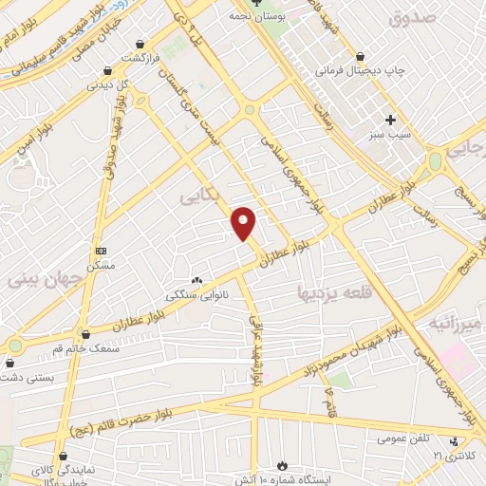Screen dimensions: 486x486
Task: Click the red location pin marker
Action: (245, 222)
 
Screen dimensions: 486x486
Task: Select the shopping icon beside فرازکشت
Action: (140, 44)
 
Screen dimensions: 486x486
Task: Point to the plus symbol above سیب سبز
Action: (390, 120)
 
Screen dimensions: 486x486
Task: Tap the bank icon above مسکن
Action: (101, 251)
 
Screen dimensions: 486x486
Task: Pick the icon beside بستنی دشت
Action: (10, 362)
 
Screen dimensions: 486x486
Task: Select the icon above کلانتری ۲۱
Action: (454, 441)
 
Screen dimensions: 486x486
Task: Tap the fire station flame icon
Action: (281, 465)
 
